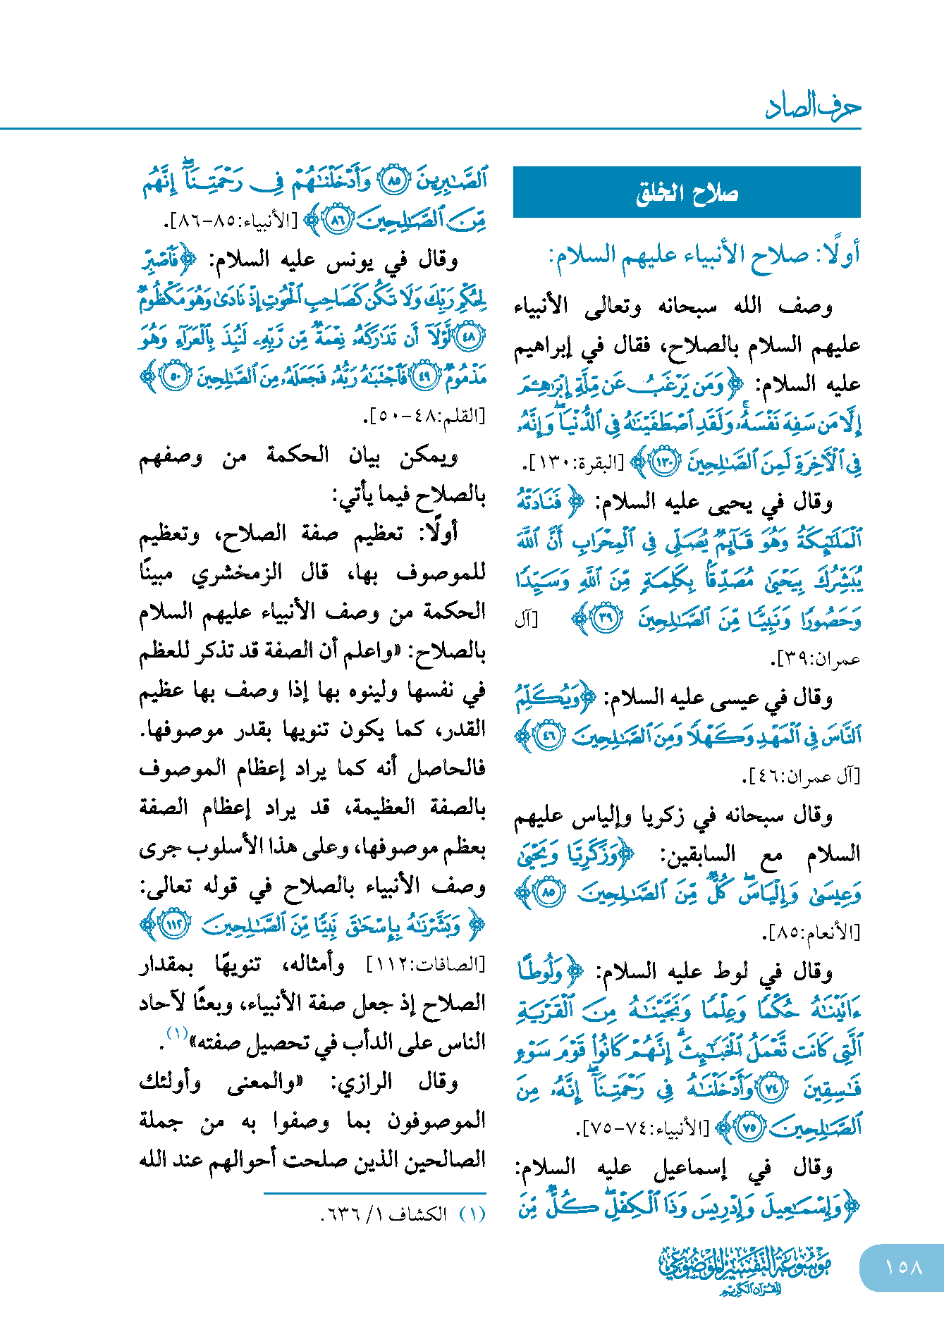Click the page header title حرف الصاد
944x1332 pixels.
(x=813, y=107)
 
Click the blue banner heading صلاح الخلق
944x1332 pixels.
(x=687, y=192)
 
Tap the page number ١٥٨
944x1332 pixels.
(x=903, y=1267)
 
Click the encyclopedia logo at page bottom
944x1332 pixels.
(x=745, y=1269)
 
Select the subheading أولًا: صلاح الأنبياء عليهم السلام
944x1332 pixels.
(x=704, y=255)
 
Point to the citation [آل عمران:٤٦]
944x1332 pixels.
(x=802, y=776)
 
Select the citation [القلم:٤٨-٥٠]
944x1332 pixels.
(x=424, y=416)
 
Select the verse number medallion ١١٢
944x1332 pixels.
(x=173, y=925)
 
